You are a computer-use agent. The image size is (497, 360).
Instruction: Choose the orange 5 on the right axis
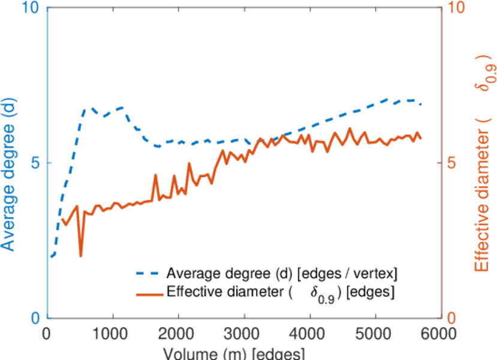click(454, 163)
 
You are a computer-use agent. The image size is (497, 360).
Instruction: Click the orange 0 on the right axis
click(454, 318)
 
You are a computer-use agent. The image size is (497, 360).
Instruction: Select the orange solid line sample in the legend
click(148, 293)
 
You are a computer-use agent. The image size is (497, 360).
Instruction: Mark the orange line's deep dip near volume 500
click(80, 256)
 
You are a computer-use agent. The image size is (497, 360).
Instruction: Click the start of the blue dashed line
click(51, 256)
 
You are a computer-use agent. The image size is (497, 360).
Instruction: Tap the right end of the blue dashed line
click(421, 104)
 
